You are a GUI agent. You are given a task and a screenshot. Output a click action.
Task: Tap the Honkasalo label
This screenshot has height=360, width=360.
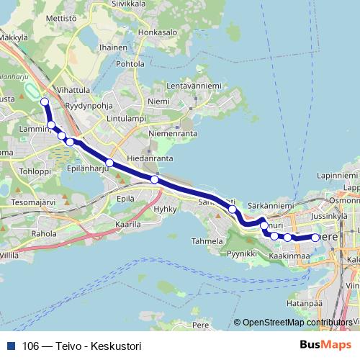click(x=158, y=32)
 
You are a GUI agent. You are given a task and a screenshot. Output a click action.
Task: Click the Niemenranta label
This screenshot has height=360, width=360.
click(x=172, y=134)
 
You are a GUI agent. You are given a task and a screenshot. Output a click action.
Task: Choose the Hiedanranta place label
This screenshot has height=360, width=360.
click(x=150, y=157)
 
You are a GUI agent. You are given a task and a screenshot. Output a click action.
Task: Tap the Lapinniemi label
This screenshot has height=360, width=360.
click(x=337, y=175)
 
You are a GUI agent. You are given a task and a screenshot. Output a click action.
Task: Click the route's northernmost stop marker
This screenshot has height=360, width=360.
click(x=44, y=102)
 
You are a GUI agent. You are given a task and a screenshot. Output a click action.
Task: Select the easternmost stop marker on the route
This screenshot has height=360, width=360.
click(x=315, y=238)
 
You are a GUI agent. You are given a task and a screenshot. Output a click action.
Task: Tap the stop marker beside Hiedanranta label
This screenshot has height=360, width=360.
click(x=154, y=179)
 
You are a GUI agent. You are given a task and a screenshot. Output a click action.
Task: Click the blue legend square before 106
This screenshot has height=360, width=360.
click(x=11, y=346)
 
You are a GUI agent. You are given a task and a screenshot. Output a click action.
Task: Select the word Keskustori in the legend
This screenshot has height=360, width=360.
click(x=116, y=346)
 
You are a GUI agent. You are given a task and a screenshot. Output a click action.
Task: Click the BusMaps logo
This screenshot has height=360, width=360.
click(x=325, y=345)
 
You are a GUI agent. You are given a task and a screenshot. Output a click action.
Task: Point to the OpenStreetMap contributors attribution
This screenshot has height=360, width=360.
click(x=297, y=323)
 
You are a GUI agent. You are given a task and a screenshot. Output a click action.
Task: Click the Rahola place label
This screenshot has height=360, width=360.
click(x=43, y=233)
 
